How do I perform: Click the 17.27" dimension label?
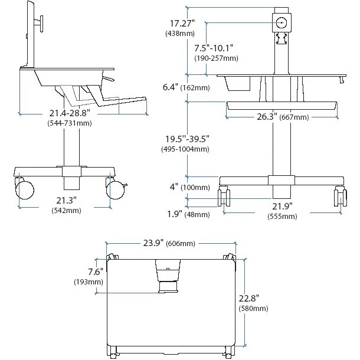tap(181, 24)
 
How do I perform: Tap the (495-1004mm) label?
tap(185, 149)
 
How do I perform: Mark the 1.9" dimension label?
tap(172, 214)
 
